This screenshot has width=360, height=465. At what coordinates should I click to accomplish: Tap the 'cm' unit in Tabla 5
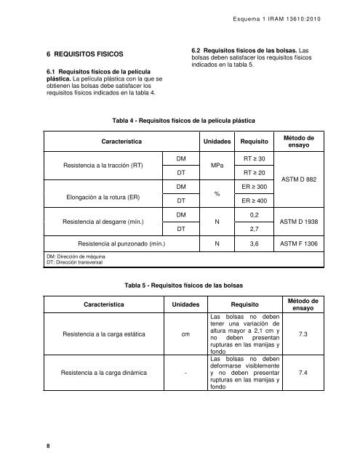(x=186, y=335)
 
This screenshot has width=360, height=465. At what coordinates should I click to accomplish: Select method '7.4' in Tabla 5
(x=313, y=373)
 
